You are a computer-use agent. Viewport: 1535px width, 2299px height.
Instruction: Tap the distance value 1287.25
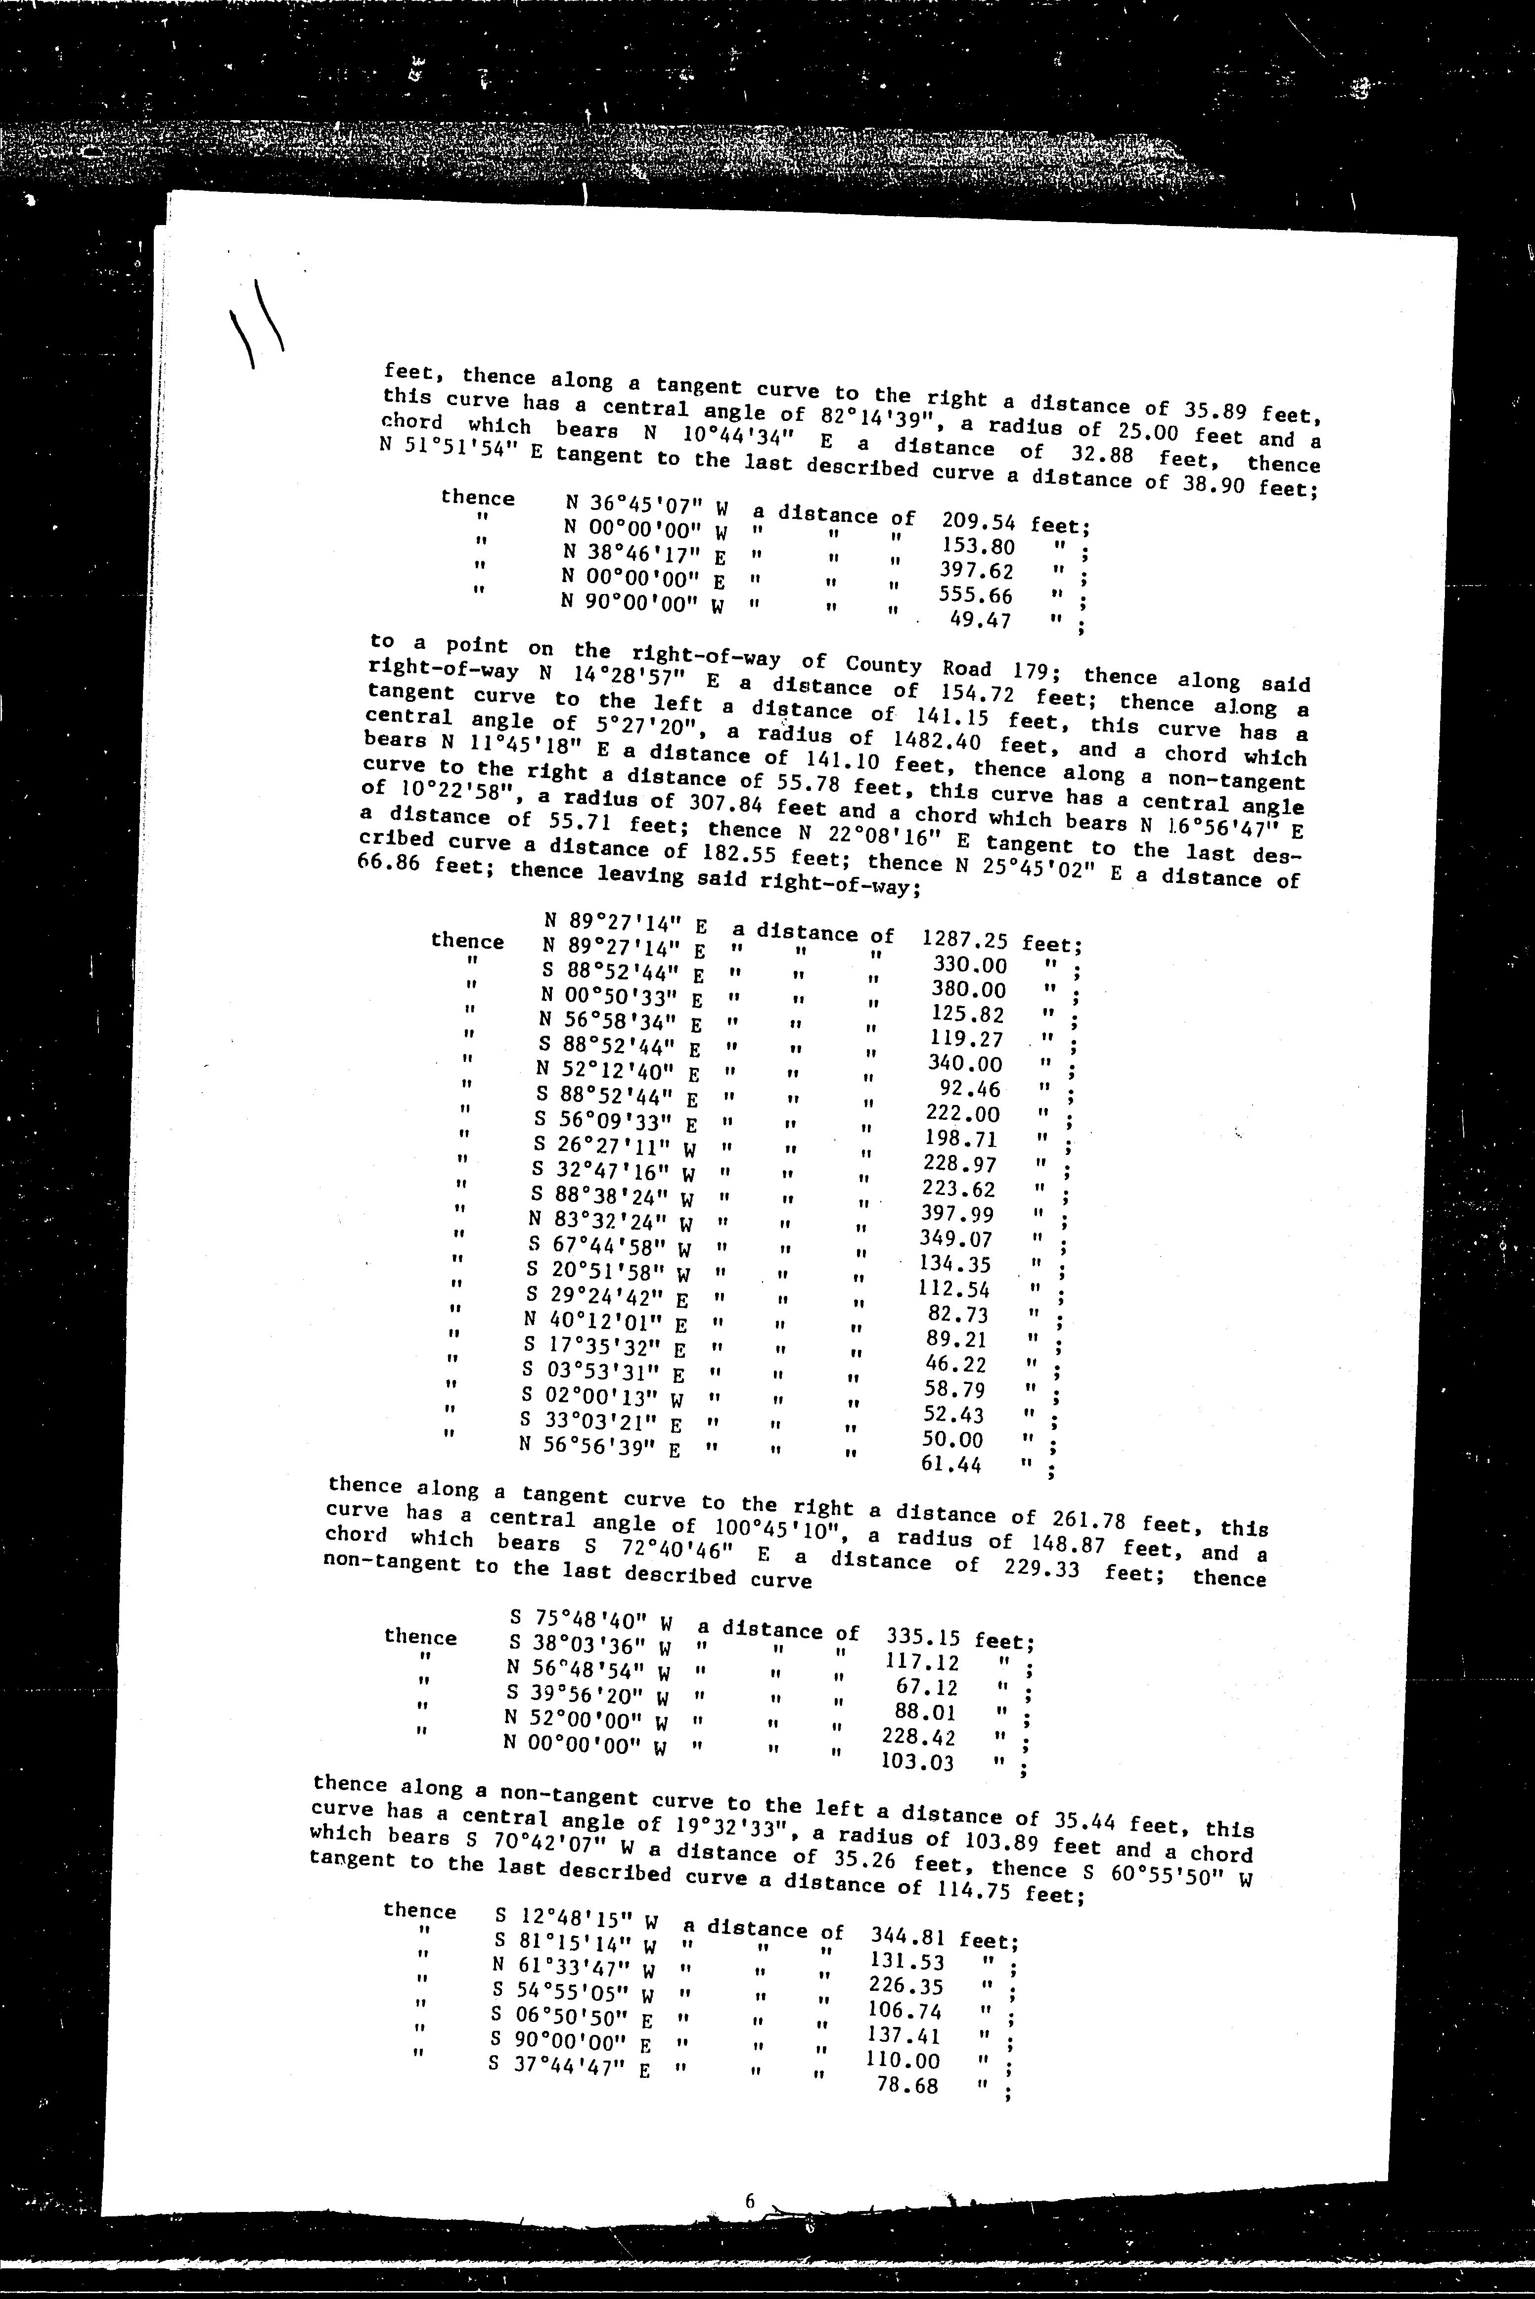[964, 940]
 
